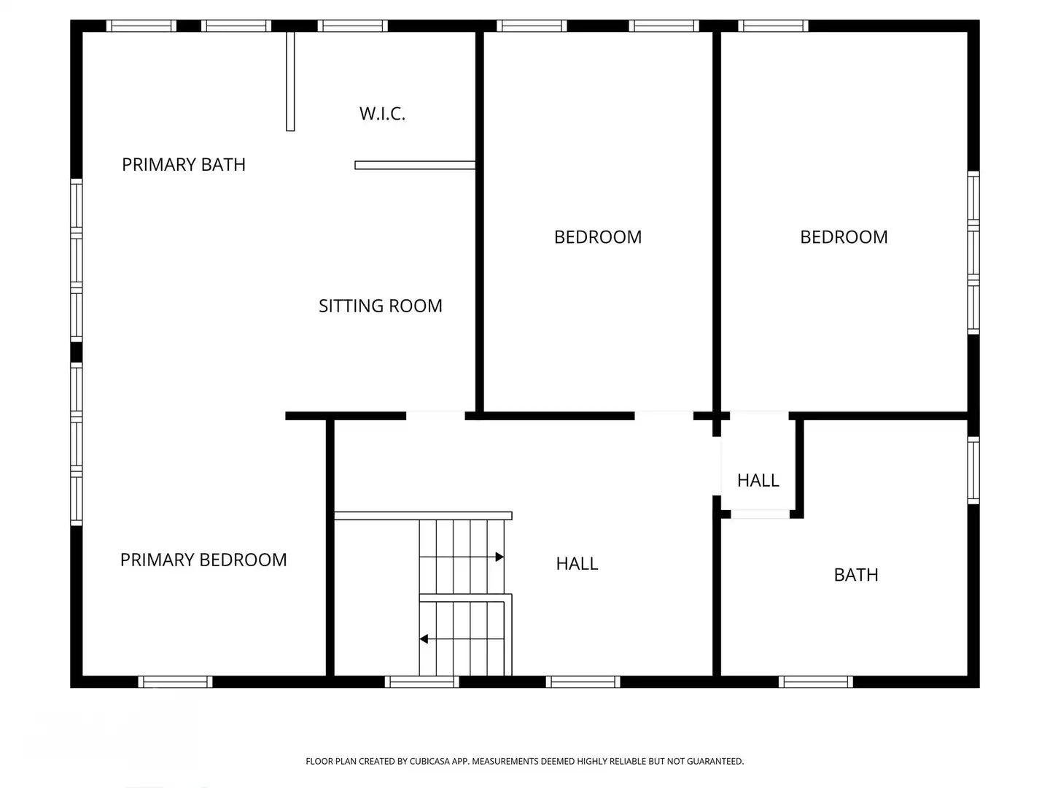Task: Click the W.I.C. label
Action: (x=382, y=114)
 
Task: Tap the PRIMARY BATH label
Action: (x=184, y=165)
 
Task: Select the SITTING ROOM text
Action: (x=381, y=306)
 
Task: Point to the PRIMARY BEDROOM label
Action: (x=203, y=560)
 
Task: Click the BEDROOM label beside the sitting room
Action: (x=597, y=237)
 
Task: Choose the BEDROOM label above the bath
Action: (x=844, y=237)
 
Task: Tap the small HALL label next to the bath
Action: (x=758, y=480)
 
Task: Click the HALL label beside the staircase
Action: (x=577, y=563)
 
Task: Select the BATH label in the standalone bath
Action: (x=856, y=575)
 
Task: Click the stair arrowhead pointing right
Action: (x=499, y=557)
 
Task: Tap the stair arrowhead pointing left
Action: (x=424, y=638)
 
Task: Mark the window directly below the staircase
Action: (x=421, y=681)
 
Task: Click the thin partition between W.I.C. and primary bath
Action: (x=290, y=81)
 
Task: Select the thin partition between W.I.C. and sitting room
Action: (x=415, y=165)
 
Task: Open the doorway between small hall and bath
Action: (x=760, y=514)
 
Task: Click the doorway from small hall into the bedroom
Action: (x=759, y=416)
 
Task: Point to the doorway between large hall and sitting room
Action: (x=435, y=416)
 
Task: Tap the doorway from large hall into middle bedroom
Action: (x=664, y=416)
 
